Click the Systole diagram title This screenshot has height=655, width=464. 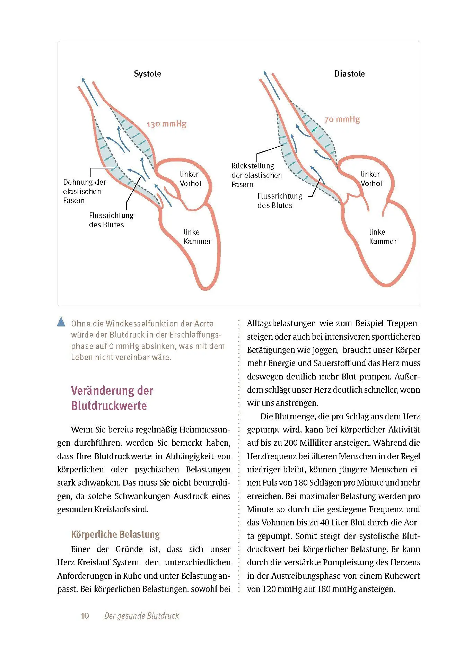[147, 74]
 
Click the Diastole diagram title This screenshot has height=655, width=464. [349, 74]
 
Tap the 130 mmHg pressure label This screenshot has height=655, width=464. [166, 124]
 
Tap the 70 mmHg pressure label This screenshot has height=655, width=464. [342, 120]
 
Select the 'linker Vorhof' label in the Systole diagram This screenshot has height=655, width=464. [190, 179]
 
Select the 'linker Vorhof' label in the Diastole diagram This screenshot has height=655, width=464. [371, 179]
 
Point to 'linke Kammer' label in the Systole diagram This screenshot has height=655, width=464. [197, 237]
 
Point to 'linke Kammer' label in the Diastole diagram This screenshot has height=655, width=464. [383, 237]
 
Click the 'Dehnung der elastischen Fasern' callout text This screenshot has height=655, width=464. [84, 191]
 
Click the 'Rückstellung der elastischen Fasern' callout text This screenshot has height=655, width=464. [256, 175]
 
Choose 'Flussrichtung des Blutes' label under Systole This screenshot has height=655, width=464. [111, 220]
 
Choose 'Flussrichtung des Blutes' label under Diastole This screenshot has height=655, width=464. [279, 201]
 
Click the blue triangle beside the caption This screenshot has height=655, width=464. [61, 322]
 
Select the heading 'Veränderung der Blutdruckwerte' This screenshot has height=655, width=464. [112, 398]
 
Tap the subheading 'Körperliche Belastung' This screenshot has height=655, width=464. [115, 534]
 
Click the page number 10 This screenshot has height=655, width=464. [85, 616]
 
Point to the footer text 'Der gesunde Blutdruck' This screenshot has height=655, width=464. [141, 616]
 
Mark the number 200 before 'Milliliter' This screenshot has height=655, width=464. [291, 443]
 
